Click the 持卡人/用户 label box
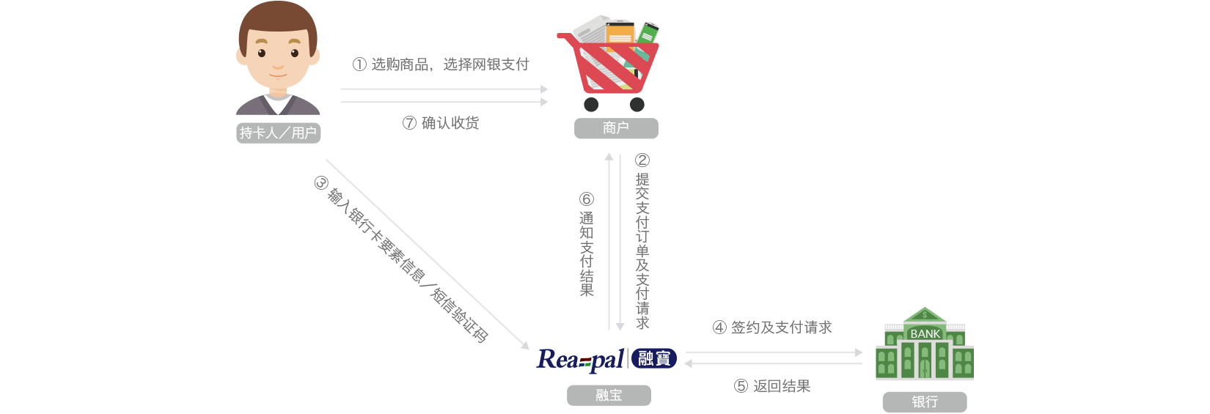(x=278, y=133)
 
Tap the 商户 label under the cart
(x=616, y=128)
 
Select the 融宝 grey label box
(x=609, y=396)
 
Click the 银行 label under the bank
(x=925, y=402)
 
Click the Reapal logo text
(x=580, y=359)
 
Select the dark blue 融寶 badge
(x=654, y=358)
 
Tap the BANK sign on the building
(x=925, y=334)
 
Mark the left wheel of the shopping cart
(x=591, y=105)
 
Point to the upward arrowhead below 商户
(x=609, y=157)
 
